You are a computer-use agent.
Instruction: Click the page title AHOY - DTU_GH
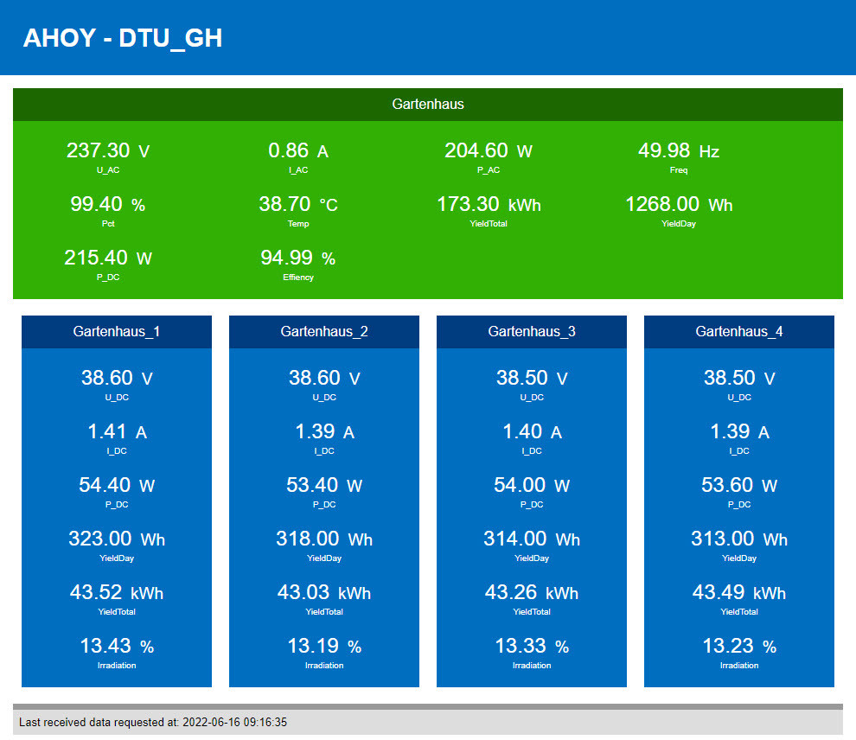[x=122, y=38]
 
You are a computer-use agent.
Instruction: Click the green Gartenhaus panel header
[x=428, y=104]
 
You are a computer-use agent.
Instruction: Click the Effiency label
[x=298, y=277]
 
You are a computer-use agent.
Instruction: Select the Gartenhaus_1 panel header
[x=117, y=331]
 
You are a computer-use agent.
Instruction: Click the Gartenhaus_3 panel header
[x=532, y=331]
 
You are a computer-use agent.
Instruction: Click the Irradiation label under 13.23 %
[x=739, y=666]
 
